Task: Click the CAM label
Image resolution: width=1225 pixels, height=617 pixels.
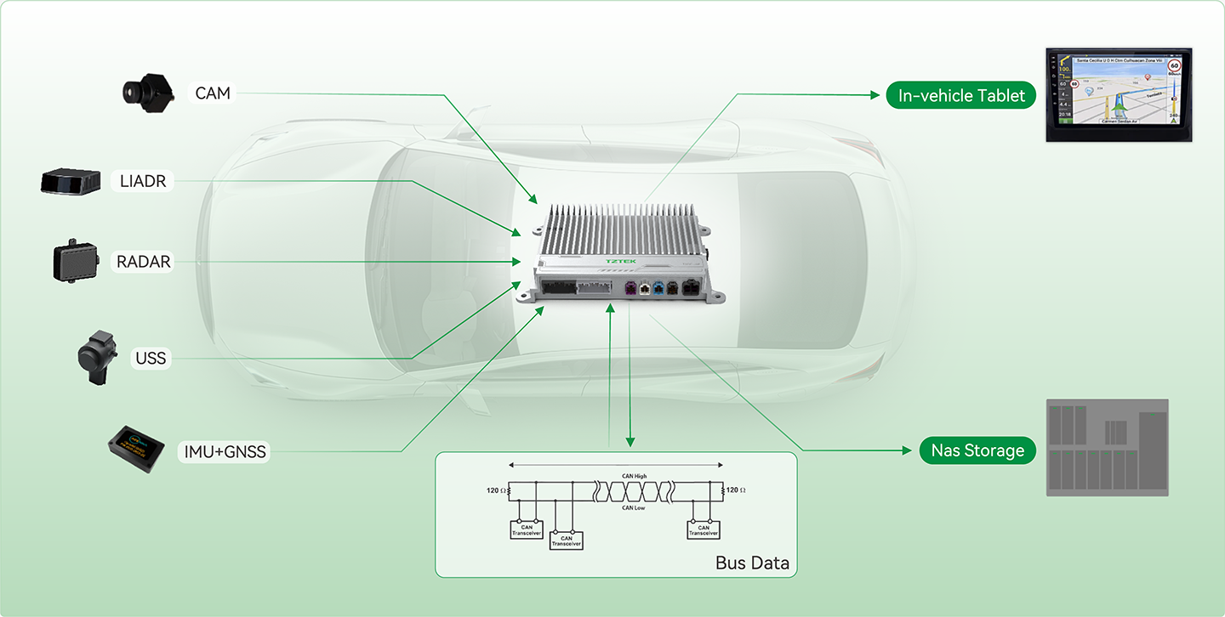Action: pyautogui.click(x=213, y=93)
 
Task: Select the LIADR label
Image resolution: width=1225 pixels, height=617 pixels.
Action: pyautogui.click(x=143, y=180)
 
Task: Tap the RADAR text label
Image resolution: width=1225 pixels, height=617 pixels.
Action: pyautogui.click(x=144, y=262)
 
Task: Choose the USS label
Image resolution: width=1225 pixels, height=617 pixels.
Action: pyautogui.click(x=151, y=359)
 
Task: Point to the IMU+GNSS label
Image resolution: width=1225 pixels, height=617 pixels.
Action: pyautogui.click(x=225, y=451)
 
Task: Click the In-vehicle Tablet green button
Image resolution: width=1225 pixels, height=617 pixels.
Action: pyautogui.click(x=961, y=95)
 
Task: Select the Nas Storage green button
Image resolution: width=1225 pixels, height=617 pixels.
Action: pyautogui.click(x=977, y=450)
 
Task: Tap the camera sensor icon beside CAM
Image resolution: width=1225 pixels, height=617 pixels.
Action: pyautogui.click(x=147, y=90)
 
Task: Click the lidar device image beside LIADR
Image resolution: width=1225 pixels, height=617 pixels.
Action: pyautogui.click(x=72, y=182)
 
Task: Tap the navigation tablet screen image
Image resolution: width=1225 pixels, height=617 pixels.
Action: pyautogui.click(x=1118, y=93)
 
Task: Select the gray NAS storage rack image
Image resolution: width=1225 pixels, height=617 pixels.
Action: pyautogui.click(x=1106, y=447)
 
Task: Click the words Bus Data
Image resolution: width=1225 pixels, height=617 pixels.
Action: pyautogui.click(x=752, y=563)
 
